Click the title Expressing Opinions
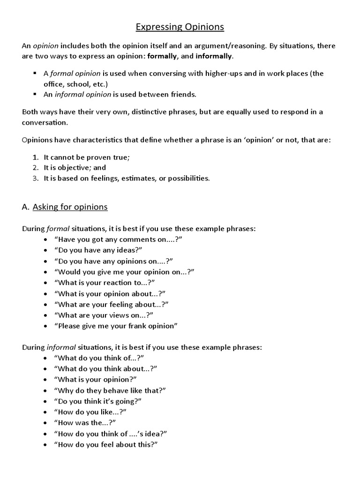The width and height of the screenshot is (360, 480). pyautogui.click(x=180, y=27)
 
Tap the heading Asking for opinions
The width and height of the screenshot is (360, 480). pyautogui.click(x=70, y=207)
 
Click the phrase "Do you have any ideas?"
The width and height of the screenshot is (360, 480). pyautogui.click(x=98, y=250)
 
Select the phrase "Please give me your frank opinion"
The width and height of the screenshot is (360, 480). pyautogui.click(x=116, y=326)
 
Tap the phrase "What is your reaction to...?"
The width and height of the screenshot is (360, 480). pyautogui.click(x=105, y=282)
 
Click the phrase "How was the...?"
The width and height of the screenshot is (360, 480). pyautogui.click(x=85, y=422)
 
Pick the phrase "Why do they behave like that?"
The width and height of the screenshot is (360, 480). pyautogui.click(x=110, y=390)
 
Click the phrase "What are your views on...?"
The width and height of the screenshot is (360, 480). pyautogui.click(x=104, y=315)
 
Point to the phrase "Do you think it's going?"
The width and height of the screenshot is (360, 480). pyautogui.click(x=98, y=401)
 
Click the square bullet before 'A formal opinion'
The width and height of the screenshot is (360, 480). pyautogui.click(x=35, y=74)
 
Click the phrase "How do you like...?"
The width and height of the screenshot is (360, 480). pyautogui.click(x=90, y=412)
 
